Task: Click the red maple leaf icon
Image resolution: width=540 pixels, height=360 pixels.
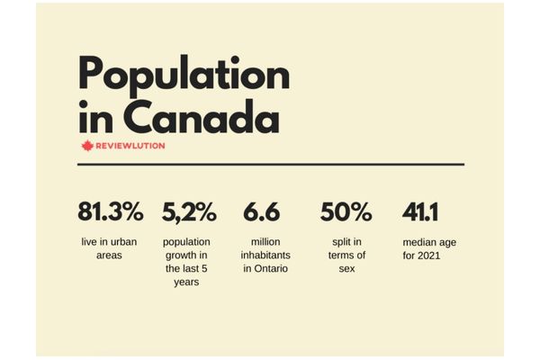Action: (x=87, y=146)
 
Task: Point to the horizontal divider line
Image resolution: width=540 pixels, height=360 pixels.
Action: (x=270, y=165)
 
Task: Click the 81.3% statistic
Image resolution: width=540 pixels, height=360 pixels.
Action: (x=111, y=212)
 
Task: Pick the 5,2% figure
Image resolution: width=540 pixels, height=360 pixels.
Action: (x=189, y=212)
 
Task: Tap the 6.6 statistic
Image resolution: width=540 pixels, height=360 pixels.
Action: (x=261, y=212)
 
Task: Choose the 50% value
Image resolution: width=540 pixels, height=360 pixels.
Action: (x=346, y=212)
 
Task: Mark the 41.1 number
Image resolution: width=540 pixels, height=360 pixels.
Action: (x=421, y=212)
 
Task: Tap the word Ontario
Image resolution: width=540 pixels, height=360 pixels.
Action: (x=271, y=269)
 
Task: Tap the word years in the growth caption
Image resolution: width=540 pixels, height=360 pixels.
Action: (x=188, y=282)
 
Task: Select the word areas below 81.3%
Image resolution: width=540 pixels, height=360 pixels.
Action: (x=111, y=256)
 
